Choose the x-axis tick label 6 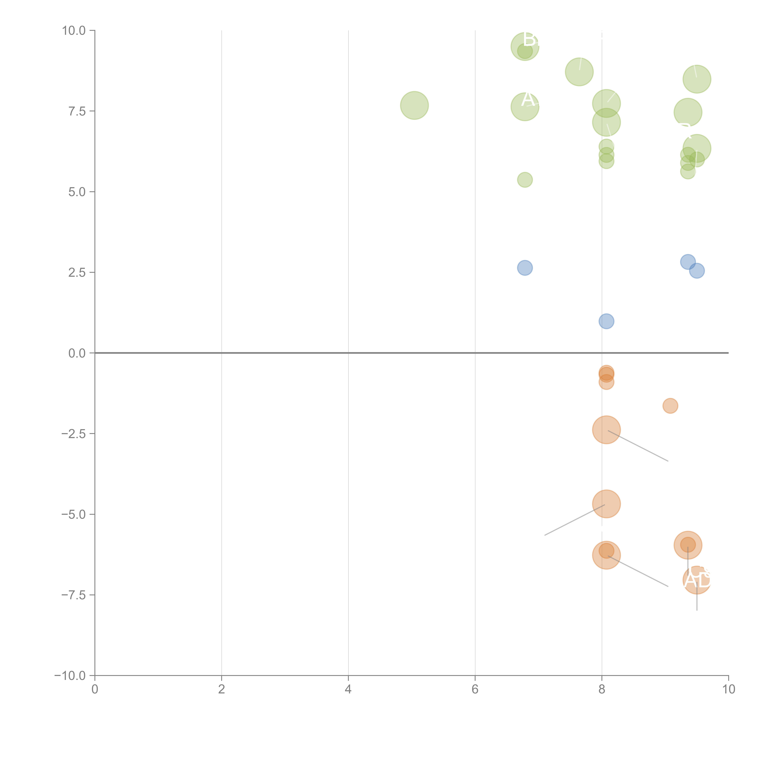click(x=475, y=689)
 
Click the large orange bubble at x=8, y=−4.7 click(x=606, y=504)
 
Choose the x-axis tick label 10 click(x=728, y=689)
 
